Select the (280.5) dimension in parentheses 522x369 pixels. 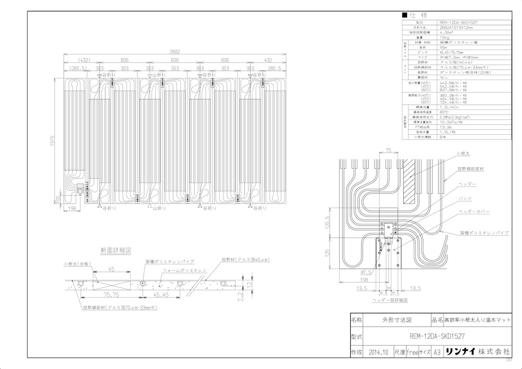click(78, 69)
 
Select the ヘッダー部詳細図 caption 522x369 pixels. click(390, 300)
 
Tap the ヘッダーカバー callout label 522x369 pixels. click(474, 211)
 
